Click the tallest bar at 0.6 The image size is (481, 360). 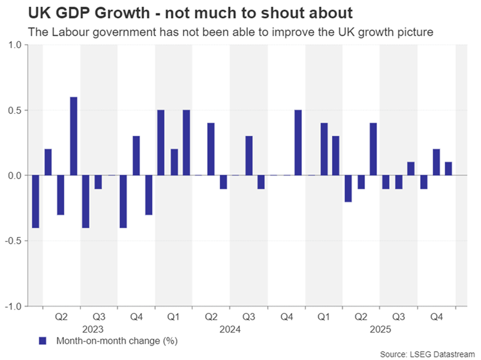(73, 136)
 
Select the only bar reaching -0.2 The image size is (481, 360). (348, 188)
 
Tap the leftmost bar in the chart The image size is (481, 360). (36, 201)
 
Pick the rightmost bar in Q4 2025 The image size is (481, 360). (448, 169)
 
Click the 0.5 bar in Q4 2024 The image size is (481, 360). (298, 143)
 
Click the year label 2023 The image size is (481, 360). (93, 330)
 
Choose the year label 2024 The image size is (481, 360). (230, 330)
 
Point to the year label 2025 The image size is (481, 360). (380, 330)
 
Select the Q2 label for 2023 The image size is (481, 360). (61, 317)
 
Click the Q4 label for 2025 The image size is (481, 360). (436, 317)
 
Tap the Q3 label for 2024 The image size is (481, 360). (249, 317)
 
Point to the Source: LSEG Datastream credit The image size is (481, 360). (428, 354)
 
